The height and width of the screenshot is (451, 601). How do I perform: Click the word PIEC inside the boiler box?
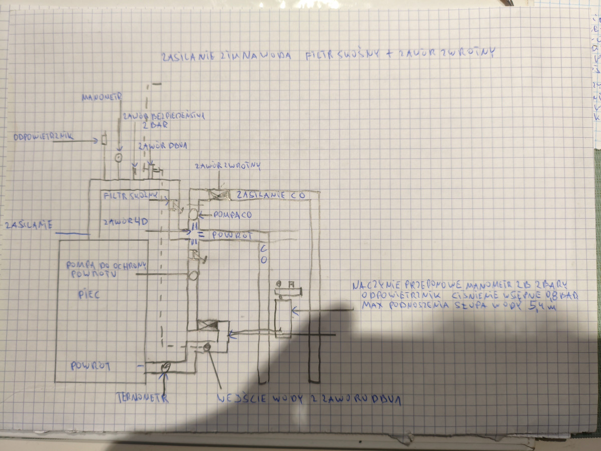pos(89,294)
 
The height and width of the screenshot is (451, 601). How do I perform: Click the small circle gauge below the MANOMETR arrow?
pos(118,158)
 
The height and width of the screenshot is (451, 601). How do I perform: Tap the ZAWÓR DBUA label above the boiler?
pos(163,146)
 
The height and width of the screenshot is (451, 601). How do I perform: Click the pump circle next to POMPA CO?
pos(193,214)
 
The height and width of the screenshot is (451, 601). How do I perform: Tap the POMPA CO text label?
pos(232,214)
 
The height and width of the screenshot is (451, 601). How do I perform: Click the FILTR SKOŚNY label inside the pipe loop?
pos(132,194)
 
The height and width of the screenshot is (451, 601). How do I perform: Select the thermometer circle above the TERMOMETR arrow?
pos(166,367)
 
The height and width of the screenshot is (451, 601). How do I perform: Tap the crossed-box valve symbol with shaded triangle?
pos(208,326)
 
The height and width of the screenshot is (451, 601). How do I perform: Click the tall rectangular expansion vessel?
pos(283,318)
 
